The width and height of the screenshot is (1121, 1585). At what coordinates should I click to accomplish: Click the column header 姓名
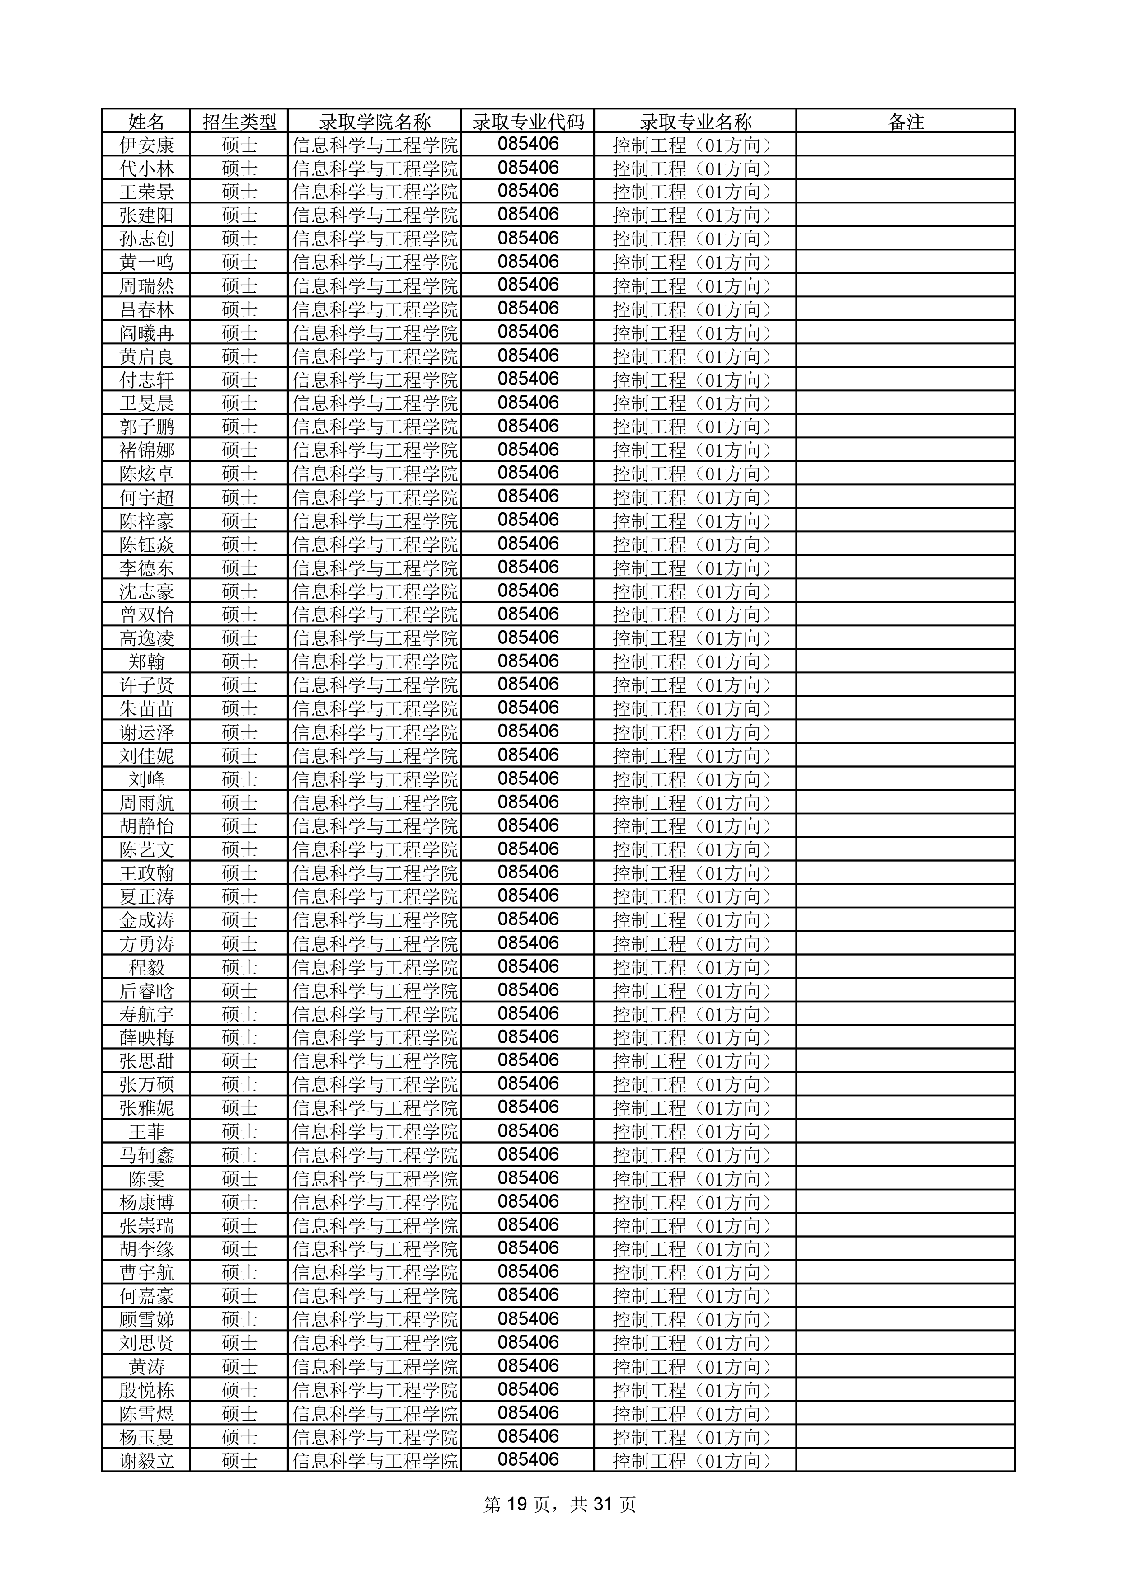[x=146, y=122]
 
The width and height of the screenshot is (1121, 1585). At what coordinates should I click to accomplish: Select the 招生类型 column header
[x=239, y=122]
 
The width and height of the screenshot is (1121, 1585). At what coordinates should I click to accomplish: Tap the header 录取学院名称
[x=375, y=122]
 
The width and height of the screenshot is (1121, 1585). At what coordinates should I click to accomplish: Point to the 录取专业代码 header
[x=528, y=122]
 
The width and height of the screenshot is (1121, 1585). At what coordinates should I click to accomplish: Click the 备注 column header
[x=905, y=122]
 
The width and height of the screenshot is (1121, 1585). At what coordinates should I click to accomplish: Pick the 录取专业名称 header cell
[x=695, y=122]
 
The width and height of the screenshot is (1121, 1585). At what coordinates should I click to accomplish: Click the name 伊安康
[x=146, y=145]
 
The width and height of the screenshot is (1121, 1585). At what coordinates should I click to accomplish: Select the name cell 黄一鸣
[x=146, y=263]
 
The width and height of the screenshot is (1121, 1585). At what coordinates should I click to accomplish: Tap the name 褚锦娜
[x=146, y=450]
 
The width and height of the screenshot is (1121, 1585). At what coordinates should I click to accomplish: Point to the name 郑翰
[x=146, y=661]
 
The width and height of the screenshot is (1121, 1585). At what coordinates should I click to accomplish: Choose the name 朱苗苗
[x=146, y=708]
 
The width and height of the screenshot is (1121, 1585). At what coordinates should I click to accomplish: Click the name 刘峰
[x=146, y=779]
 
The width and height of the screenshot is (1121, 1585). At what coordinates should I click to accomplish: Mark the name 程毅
[x=146, y=967]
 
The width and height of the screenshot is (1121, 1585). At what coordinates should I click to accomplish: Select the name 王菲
[x=146, y=1131]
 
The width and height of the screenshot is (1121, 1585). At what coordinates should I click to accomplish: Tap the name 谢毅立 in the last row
[x=146, y=1461]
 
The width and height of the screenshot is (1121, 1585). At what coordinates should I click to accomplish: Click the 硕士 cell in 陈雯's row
[x=239, y=1178]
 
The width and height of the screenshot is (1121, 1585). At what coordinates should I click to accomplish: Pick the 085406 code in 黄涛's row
[x=528, y=1366]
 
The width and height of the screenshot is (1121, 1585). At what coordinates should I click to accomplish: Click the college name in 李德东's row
[x=375, y=568]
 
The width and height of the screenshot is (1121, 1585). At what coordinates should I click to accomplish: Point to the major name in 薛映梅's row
[x=692, y=1037]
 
